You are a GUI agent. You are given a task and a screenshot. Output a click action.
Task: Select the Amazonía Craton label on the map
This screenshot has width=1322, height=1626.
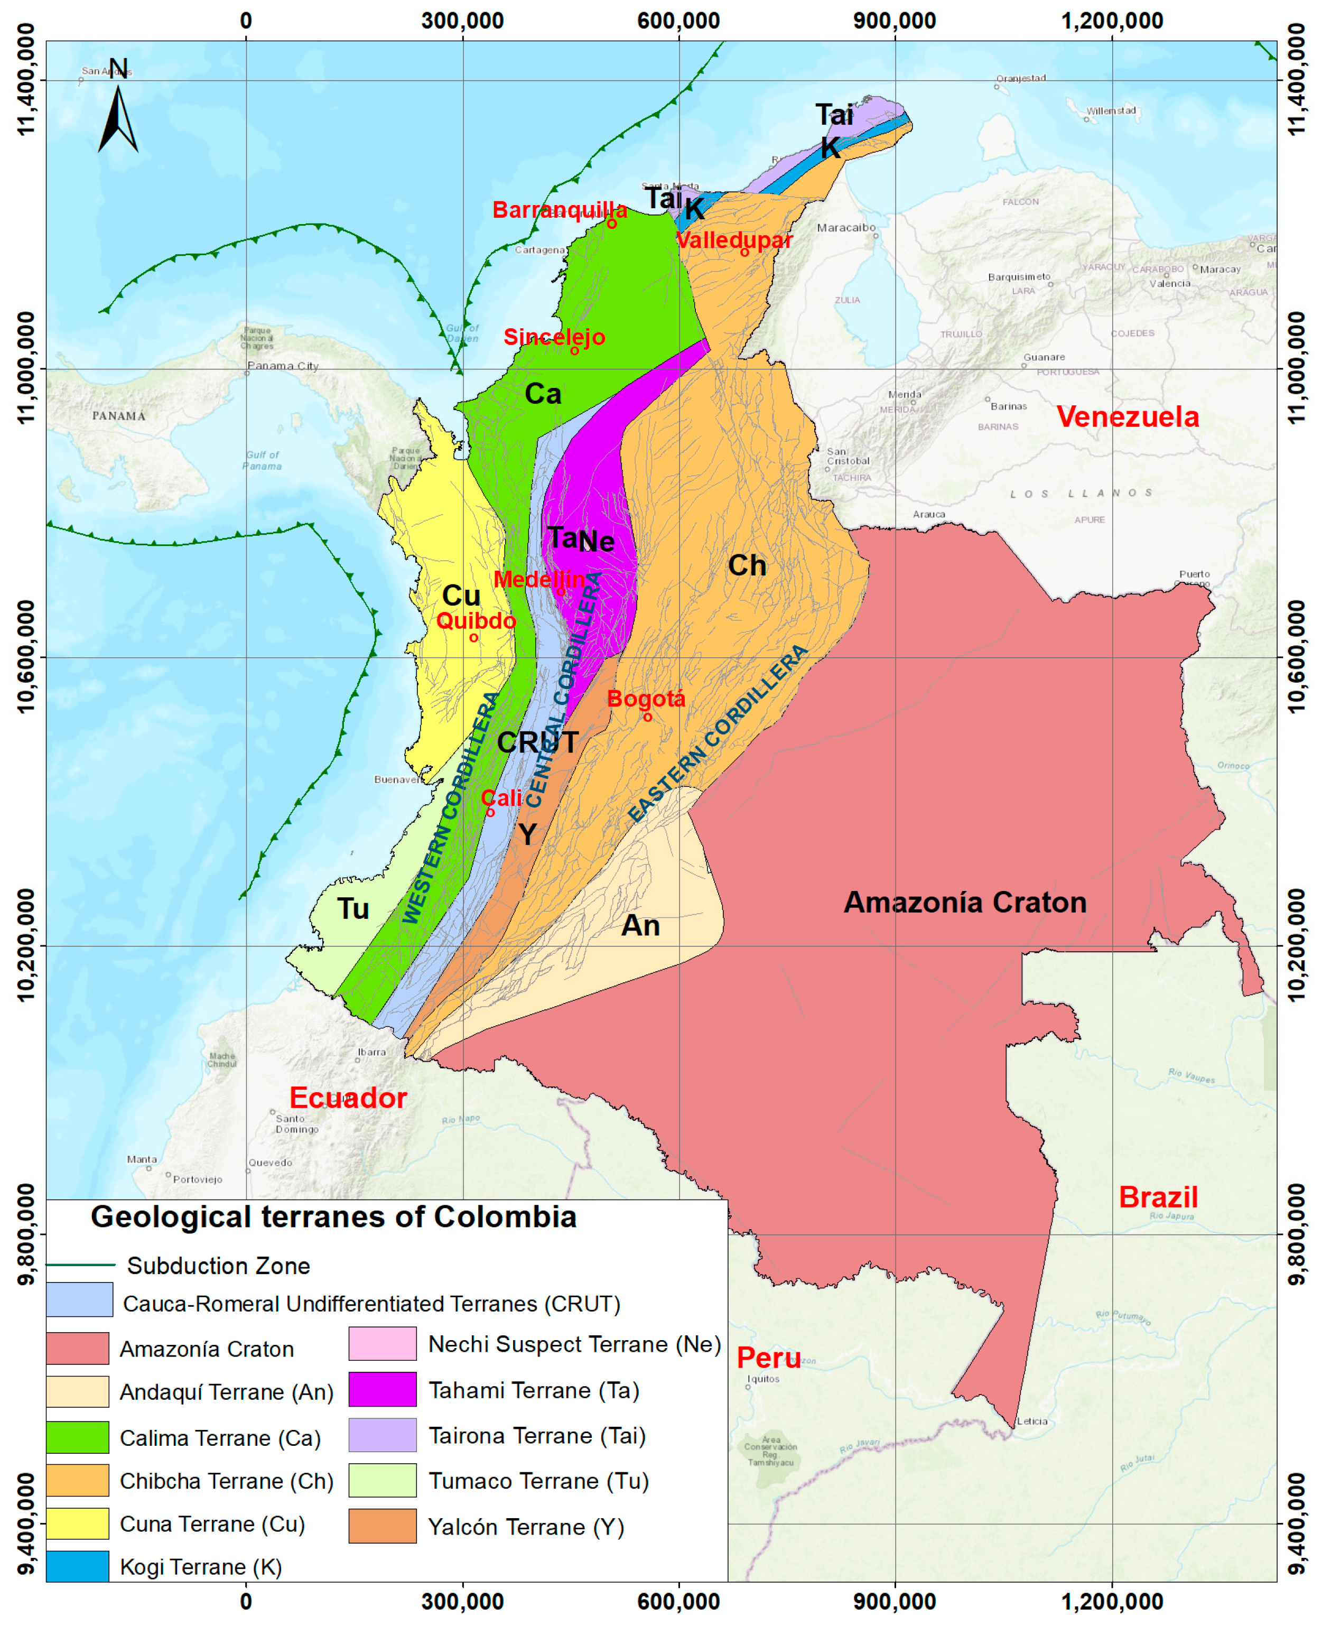(x=965, y=903)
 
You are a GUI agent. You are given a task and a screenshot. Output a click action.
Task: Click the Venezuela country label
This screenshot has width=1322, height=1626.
(x=1127, y=416)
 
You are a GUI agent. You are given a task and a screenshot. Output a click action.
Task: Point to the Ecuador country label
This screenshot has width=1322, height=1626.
(x=348, y=1098)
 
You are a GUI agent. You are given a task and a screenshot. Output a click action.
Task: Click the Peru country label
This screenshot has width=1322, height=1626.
(x=768, y=1358)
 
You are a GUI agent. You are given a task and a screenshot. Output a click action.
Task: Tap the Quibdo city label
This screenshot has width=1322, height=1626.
(x=476, y=621)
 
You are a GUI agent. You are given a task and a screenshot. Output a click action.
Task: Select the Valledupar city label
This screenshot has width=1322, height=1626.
(x=734, y=240)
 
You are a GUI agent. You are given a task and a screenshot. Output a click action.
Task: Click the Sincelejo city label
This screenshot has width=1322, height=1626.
(x=554, y=337)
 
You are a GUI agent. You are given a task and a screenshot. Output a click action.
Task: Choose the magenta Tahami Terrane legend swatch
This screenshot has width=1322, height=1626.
(x=383, y=1389)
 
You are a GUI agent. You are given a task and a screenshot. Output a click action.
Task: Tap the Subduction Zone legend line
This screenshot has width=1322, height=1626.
(x=81, y=1265)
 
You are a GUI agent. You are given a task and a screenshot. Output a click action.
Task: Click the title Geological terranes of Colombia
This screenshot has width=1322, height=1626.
(x=333, y=1217)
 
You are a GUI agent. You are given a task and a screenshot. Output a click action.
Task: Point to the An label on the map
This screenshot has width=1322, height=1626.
(x=640, y=925)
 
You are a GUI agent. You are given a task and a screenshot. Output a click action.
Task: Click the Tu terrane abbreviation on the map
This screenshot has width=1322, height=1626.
(x=352, y=908)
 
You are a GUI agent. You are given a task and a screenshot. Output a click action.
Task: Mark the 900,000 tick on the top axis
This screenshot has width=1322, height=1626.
(x=895, y=21)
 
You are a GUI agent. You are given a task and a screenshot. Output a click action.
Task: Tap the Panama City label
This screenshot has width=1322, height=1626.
(x=283, y=366)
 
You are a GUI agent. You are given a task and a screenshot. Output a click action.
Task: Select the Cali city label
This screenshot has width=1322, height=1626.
(x=502, y=797)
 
